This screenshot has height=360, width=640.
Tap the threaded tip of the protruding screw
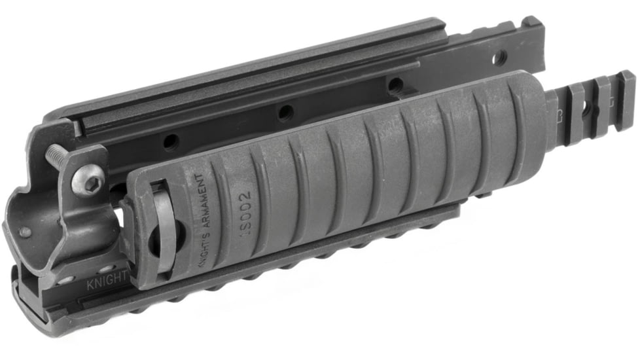point(52,151)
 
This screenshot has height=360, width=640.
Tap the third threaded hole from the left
point(394,85)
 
